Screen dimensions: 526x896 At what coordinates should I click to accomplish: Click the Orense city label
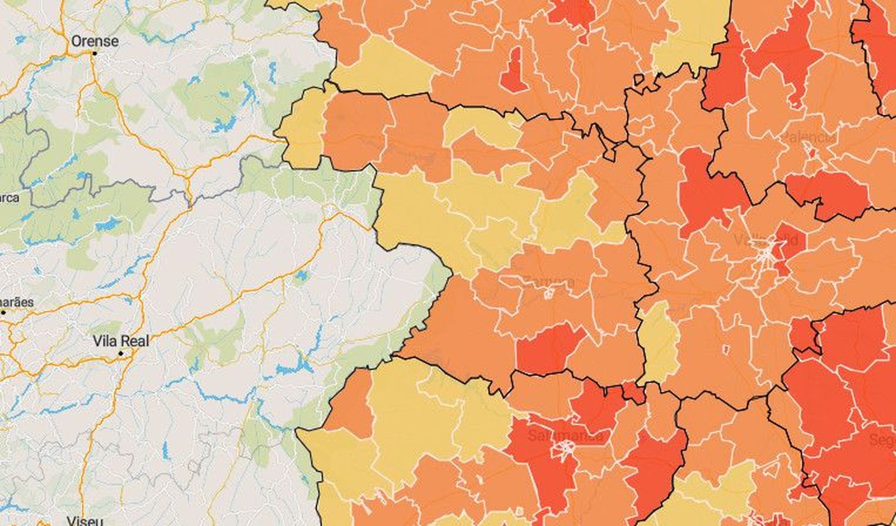point(95,41)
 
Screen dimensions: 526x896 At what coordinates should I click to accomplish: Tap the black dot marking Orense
point(95,54)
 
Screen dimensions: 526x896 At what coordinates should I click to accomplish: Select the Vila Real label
point(121,341)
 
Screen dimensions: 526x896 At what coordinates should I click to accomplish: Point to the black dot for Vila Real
point(120,354)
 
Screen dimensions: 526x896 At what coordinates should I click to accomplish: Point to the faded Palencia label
point(809,137)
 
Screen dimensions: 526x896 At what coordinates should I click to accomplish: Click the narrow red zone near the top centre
point(512,70)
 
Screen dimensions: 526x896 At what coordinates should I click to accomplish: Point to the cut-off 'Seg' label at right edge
point(883,440)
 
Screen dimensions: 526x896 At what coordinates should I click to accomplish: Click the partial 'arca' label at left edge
point(9,197)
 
